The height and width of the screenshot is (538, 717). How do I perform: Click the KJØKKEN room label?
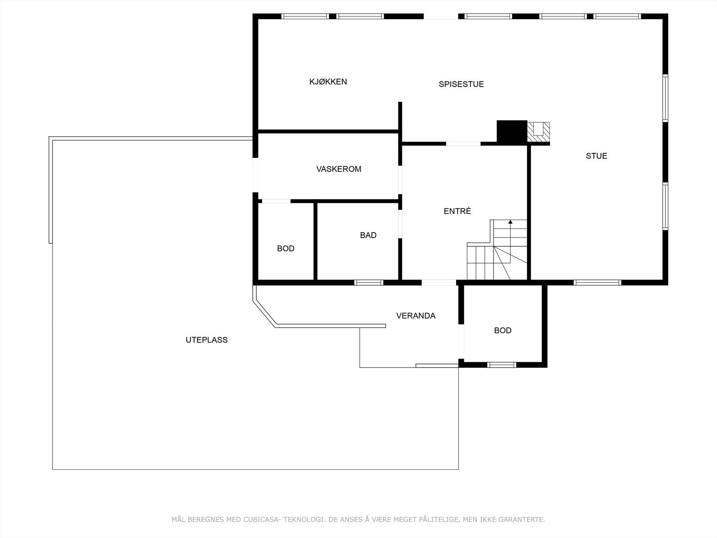tap(328, 82)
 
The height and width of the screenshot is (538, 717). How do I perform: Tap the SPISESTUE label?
tap(461, 84)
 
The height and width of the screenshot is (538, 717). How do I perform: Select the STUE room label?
tap(596, 156)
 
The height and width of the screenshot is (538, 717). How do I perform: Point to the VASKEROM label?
tap(338, 169)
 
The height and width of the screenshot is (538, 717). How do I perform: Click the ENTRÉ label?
tap(457, 211)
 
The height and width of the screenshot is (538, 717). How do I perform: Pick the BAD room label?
tap(368, 235)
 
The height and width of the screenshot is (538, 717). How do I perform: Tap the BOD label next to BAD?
tap(285, 248)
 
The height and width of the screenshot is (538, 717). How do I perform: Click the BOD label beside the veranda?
tap(502, 330)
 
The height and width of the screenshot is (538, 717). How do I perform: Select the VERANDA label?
tap(415, 316)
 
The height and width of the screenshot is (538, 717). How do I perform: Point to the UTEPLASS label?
tap(207, 340)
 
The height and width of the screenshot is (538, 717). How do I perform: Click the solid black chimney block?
tap(512, 132)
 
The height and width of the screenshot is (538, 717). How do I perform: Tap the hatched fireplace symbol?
tap(538, 132)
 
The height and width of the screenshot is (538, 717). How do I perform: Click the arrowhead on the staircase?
tap(510, 221)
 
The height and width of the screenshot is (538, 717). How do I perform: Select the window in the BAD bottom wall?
tap(368, 282)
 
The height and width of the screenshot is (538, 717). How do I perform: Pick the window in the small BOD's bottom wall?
tap(501, 365)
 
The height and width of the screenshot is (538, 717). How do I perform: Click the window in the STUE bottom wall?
tap(597, 282)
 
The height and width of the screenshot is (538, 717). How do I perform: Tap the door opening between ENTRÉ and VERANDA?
tap(439, 282)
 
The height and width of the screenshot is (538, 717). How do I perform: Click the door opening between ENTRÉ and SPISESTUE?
tap(463, 143)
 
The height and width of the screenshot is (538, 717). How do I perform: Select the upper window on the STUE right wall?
tap(665, 98)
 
